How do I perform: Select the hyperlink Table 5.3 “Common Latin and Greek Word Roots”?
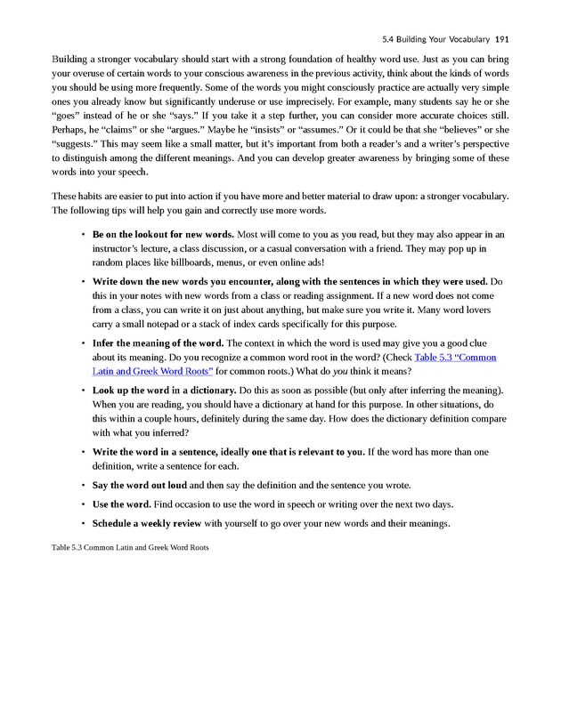click(455, 357)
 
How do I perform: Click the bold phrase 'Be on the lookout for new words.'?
click(163, 235)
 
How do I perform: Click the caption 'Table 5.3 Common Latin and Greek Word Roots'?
click(130, 547)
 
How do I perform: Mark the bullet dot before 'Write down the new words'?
click(82, 282)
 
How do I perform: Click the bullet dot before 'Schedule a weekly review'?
click(82, 523)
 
